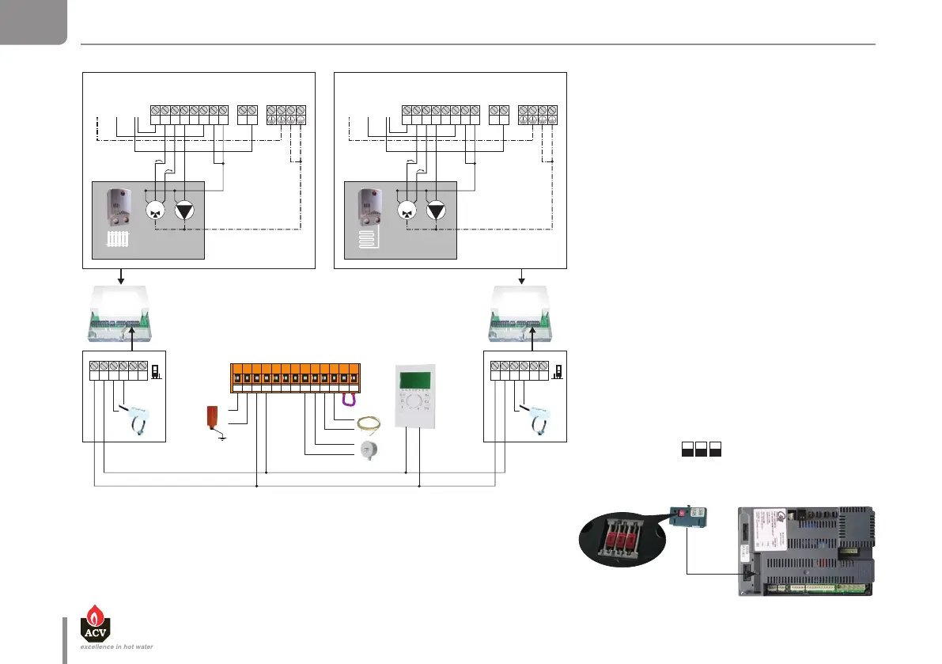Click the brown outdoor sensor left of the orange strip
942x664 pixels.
[x=211, y=416]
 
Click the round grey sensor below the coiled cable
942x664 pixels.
[x=365, y=453]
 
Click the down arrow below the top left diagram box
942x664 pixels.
[x=121, y=276]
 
